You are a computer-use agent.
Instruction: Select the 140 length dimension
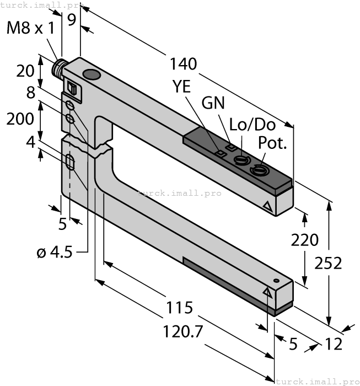184,64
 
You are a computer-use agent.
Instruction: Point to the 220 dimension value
304,240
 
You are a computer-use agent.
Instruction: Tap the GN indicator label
214,103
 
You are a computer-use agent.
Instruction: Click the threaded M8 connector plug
57,69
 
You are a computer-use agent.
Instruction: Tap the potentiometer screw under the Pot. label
258,171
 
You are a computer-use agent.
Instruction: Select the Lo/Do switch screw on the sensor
240,160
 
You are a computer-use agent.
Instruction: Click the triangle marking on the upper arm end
268,207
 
